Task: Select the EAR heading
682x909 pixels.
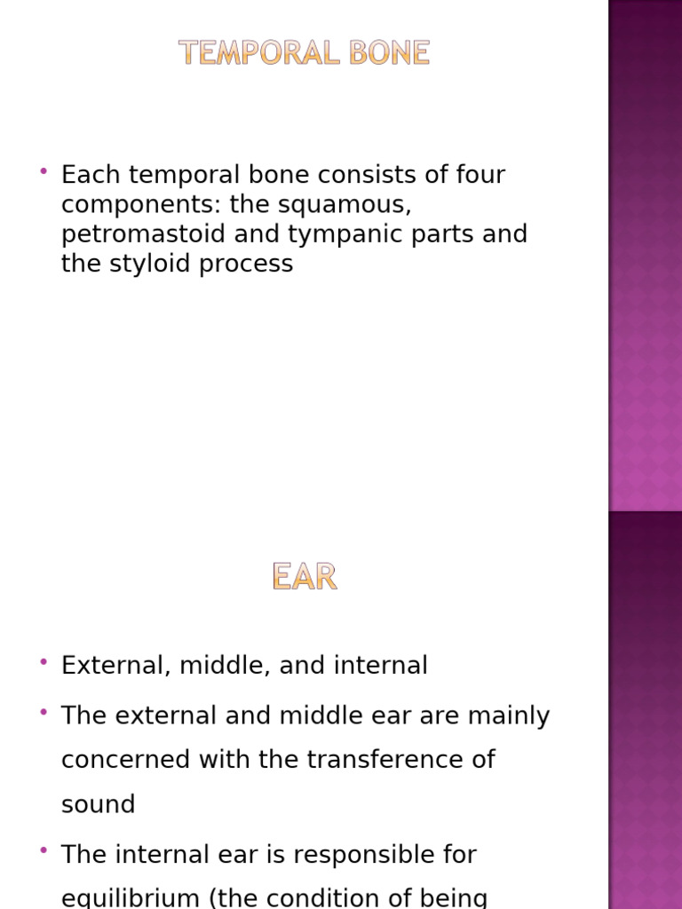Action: tap(305, 578)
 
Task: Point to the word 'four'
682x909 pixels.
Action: tap(480, 175)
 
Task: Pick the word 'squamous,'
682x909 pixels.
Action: tap(352, 205)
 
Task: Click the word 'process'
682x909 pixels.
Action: tap(252, 265)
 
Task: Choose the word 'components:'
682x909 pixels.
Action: tap(141, 205)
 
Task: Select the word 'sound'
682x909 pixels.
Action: tap(98, 804)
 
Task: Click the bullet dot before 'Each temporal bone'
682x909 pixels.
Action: tap(44, 170)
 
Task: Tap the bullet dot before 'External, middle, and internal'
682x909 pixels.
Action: tap(44, 661)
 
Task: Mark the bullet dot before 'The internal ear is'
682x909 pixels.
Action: tap(44, 850)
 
